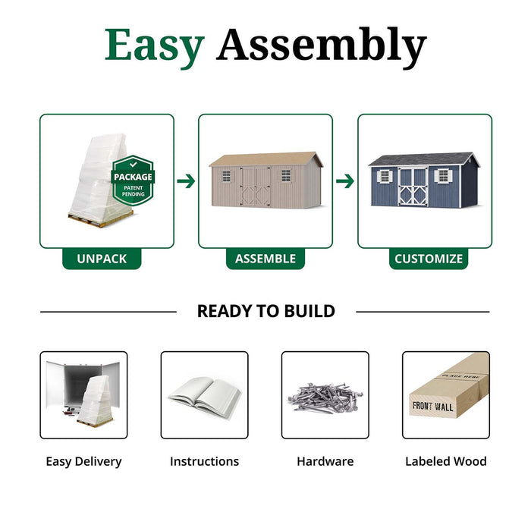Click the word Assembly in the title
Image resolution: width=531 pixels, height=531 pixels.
tap(321, 47)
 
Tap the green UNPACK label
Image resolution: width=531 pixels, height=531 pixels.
tap(102, 259)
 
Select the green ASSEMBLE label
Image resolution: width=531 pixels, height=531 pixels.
tap(265, 259)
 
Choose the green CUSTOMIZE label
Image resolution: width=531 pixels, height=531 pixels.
tap(428, 259)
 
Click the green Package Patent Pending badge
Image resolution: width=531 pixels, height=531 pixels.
tap(133, 181)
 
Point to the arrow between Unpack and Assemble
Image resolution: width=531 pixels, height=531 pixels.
tap(186, 181)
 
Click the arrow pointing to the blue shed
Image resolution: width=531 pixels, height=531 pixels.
tap(345, 181)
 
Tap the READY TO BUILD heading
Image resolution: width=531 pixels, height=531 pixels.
tap(265, 311)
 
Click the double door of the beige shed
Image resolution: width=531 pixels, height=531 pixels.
tap(256, 187)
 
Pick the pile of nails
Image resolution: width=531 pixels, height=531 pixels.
tap(325, 396)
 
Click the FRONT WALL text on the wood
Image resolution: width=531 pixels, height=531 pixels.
tap(433, 407)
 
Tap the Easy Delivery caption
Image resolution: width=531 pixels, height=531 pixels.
tap(83, 461)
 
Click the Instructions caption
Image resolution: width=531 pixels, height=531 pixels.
tap(204, 461)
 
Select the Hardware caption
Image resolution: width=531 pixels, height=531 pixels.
tap(325, 461)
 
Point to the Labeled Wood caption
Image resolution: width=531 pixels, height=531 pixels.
tap(446, 461)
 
